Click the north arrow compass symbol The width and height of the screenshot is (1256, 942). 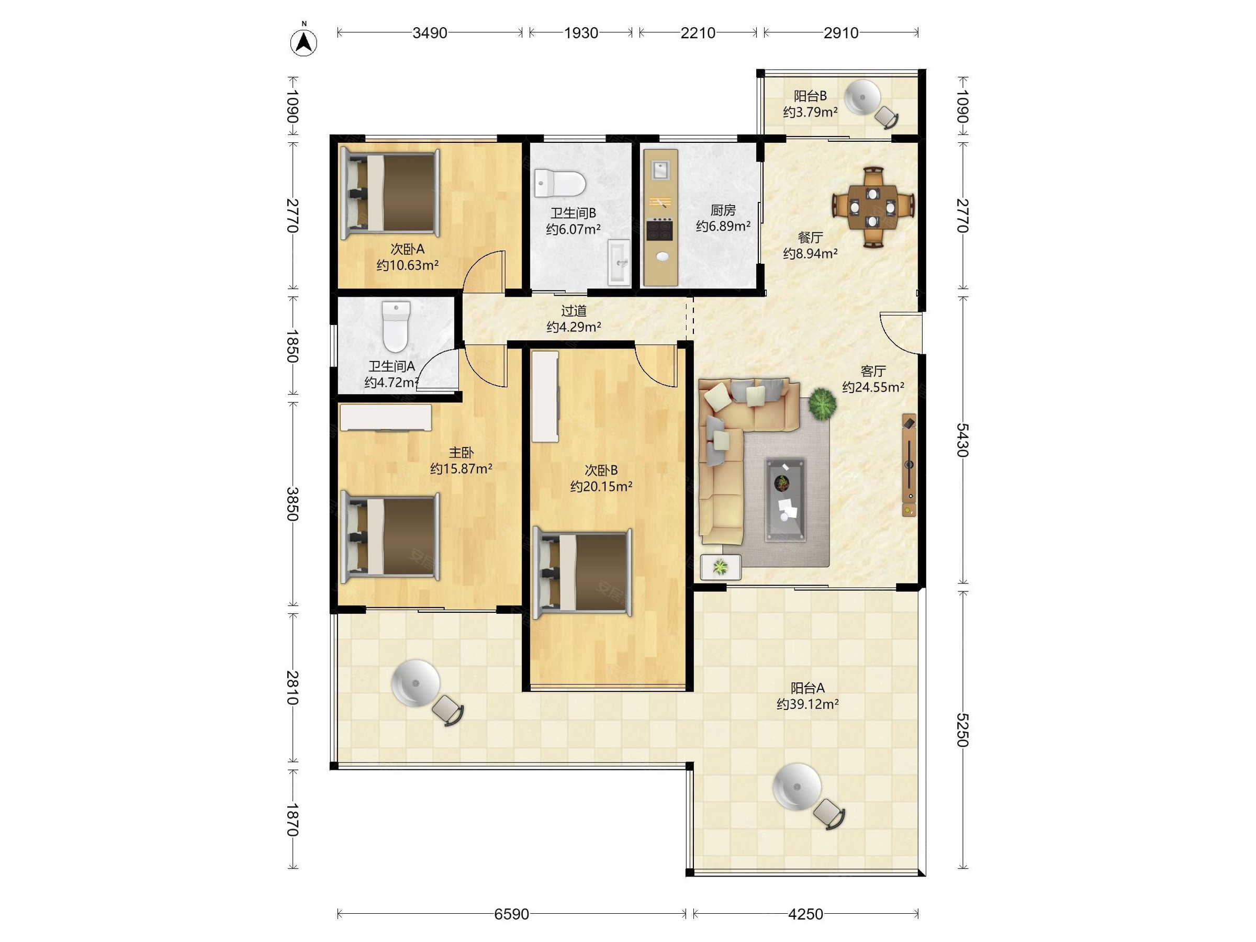304,41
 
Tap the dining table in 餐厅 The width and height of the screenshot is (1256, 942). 873,207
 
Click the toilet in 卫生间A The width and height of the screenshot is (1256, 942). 396,327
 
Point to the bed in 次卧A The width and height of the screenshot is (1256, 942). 389,193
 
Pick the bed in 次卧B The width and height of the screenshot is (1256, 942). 582,573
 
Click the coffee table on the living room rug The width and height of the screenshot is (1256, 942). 784,499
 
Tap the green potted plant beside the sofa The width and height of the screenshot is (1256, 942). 823,403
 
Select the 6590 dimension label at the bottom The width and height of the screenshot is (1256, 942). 512,914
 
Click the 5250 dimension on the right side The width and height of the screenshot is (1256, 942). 961,730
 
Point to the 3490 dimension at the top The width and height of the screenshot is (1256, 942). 430,33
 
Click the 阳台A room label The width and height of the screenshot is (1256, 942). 808,688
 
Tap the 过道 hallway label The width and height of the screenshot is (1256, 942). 574,310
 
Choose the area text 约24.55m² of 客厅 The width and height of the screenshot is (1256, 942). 873,387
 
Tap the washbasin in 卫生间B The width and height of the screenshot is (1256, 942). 619,262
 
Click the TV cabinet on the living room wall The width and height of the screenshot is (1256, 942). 909,465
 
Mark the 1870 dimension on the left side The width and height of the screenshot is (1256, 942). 292,820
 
